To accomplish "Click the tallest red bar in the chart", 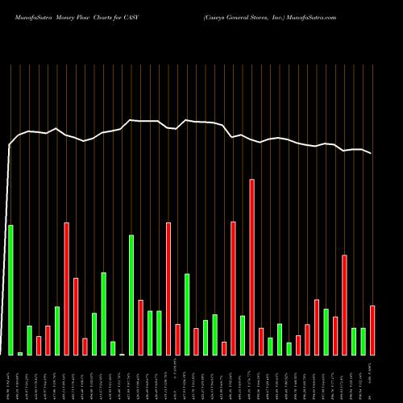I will (x=252, y=267).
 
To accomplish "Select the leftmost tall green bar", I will (x=10, y=289).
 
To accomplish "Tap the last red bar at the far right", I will (x=372, y=330).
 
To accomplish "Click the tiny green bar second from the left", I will (x=20, y=353).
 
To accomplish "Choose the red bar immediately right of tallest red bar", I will (x=261, y=341).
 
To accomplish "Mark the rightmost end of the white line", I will (x=372, y=153).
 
